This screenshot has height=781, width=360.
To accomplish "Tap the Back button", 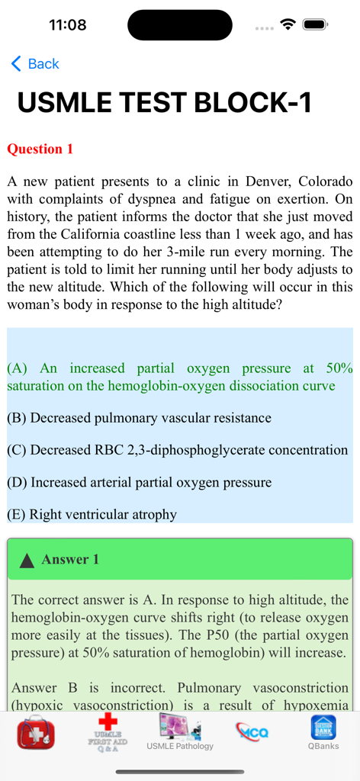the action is tap(35, 64).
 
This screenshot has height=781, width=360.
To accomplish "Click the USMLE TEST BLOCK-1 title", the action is tap(165, 102).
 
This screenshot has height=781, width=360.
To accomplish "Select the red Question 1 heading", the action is tap(40, 149).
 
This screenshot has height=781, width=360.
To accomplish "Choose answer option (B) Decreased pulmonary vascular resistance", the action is tap(139, 418).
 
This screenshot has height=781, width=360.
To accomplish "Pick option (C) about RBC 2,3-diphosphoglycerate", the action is tap(177, 450).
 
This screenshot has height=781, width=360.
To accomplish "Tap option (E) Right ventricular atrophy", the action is tap(92, 514).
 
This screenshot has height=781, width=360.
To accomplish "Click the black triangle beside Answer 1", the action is tap(27, 561).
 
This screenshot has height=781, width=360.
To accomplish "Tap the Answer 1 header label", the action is tap(70, 560).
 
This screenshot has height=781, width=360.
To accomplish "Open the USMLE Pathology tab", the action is tap(180, 732).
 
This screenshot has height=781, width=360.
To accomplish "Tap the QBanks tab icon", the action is tap(323, 732).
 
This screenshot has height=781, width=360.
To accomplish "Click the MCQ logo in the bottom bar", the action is tap(252, 732).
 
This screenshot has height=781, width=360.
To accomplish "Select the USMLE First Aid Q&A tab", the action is tap(108, 732).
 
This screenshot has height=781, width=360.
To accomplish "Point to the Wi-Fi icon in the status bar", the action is tap(288, 24).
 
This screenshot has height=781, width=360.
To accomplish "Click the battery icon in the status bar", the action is tap(315, 24).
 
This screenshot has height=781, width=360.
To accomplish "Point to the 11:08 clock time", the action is tap(68, 24).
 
